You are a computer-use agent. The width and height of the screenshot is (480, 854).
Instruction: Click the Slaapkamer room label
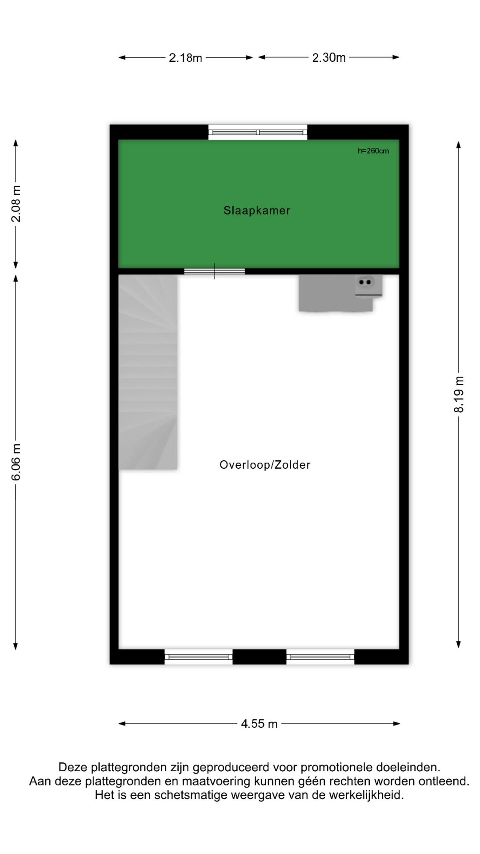point(256,210)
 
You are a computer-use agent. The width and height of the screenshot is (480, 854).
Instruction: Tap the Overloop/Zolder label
point(265,465)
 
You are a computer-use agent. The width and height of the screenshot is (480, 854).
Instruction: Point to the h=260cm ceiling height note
point(373,151)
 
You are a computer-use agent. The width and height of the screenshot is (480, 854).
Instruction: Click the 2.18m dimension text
point(185,58)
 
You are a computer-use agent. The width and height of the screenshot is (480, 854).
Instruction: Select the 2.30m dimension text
point(329,58)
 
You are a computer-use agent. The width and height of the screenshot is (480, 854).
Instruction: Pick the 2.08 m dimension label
point(16,204)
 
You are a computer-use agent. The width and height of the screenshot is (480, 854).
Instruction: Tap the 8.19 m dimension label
point(459,395)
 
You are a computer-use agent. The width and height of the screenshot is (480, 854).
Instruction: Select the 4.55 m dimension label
point(259,724)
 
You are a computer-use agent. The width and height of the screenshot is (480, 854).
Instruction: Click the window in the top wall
point(258,132)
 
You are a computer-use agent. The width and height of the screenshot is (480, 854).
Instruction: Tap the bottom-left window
point(199,657)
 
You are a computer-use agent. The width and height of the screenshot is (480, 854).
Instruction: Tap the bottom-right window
point(320,657)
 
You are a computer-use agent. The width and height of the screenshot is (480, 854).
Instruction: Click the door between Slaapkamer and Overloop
point(215,271)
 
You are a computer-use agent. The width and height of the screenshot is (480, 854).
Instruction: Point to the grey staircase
point(148,371)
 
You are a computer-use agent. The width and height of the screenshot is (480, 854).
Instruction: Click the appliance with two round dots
point(365,282)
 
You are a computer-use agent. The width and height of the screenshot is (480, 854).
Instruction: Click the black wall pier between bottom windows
point(259,657)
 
